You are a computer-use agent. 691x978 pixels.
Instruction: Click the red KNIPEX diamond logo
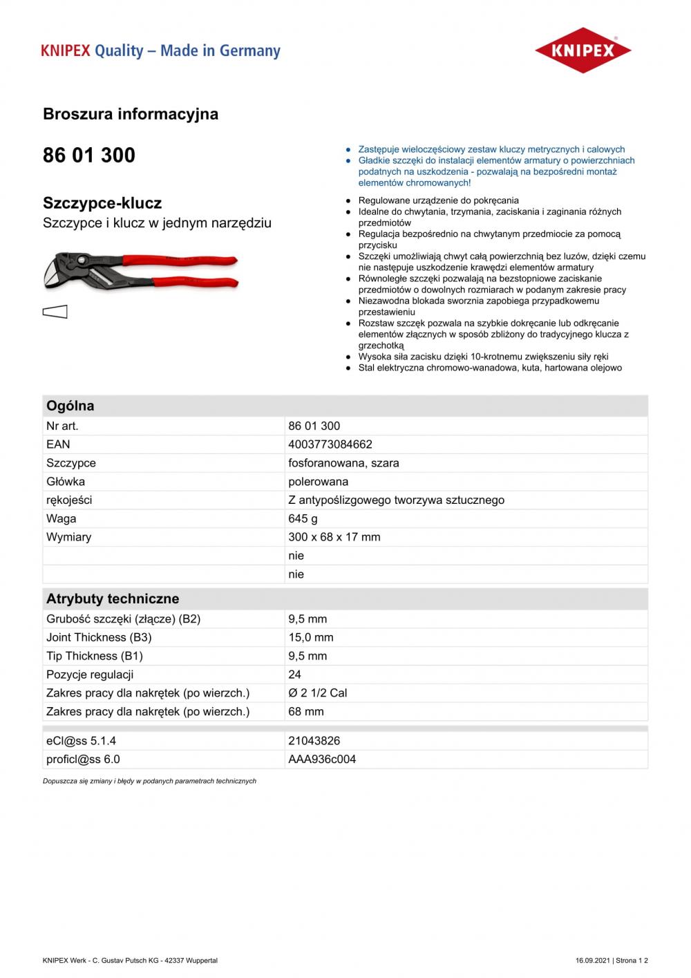click(583, 50)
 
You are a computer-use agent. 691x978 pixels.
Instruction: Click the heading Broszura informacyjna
click(131, 114)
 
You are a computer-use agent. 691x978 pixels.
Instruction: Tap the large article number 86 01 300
click(89, 156)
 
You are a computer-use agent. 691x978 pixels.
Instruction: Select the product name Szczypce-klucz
click(102, 203)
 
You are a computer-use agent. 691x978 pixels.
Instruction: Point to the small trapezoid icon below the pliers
click(55, 312)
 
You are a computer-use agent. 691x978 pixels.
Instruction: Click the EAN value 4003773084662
click(330, 444)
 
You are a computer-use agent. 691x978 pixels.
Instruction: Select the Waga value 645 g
click(303, 518)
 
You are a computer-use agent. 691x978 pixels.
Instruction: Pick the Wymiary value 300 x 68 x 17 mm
click(334, 537)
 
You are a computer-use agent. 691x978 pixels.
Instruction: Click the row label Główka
click(66, 482)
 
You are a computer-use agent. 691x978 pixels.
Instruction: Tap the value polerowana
click(319, 482)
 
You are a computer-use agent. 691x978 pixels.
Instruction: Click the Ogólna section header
click(70, 406)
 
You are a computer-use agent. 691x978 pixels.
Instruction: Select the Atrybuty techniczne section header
click(113, 599)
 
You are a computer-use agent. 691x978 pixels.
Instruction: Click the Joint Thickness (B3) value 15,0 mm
click(311, 637)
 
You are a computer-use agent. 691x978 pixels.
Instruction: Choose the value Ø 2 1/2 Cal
click(318, 693)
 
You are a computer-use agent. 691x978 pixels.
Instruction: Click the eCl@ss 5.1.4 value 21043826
click(314, 741)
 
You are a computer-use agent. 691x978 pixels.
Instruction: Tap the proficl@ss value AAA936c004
click(322, 759)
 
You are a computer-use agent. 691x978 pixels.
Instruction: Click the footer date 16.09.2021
click(592, 961)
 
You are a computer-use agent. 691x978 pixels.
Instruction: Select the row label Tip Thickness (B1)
click(95, 656)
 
